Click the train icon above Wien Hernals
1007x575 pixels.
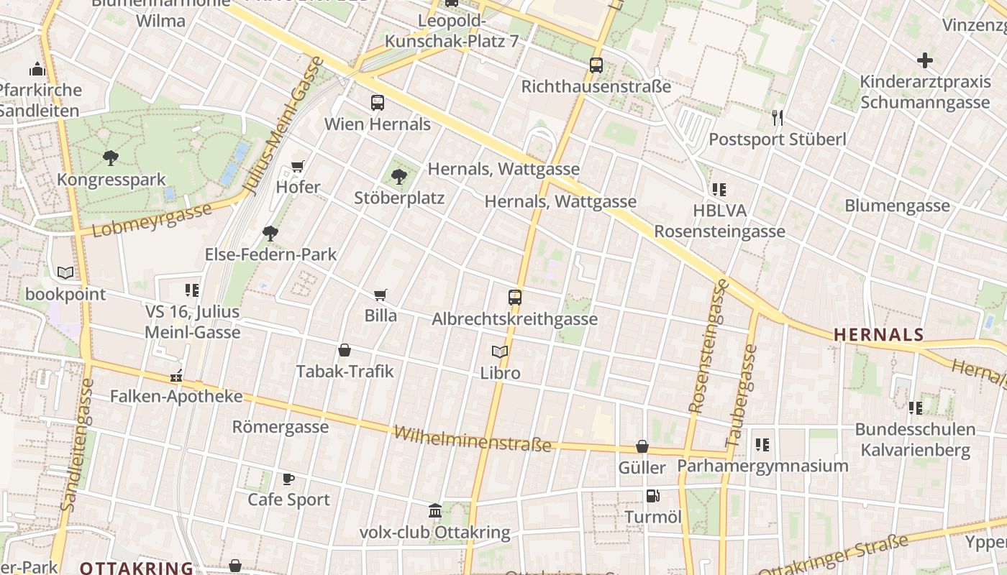[x=378, y=103]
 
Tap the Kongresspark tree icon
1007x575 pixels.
[x=111, y=158]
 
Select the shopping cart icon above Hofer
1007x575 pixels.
[x=298, y=167]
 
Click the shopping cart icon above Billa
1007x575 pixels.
[x=381, y=295]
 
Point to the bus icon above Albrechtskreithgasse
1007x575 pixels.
[x=515, y=297]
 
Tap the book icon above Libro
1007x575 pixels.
[x=500, y=352]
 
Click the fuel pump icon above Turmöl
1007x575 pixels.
[x=653, y=496]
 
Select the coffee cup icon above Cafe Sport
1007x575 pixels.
[x=288, y=479]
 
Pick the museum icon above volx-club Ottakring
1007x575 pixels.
[x=435, y=511]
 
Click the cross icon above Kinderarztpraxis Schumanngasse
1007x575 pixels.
[x=925, y=60]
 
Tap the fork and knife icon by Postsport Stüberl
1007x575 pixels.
[x=777, y=118]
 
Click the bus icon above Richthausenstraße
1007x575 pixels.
[x=596, y=65]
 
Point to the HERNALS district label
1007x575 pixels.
[x=878, y=334]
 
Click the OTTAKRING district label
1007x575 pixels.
[x=136, y=568]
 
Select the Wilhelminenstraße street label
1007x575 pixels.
[x=473, y=438]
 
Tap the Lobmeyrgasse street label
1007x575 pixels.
[x=152, y=219]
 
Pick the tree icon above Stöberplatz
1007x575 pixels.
[x=399, y=176]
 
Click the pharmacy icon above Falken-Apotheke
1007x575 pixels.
[x=176, y=376]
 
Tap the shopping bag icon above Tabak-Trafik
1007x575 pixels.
[x=345, y=351]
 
